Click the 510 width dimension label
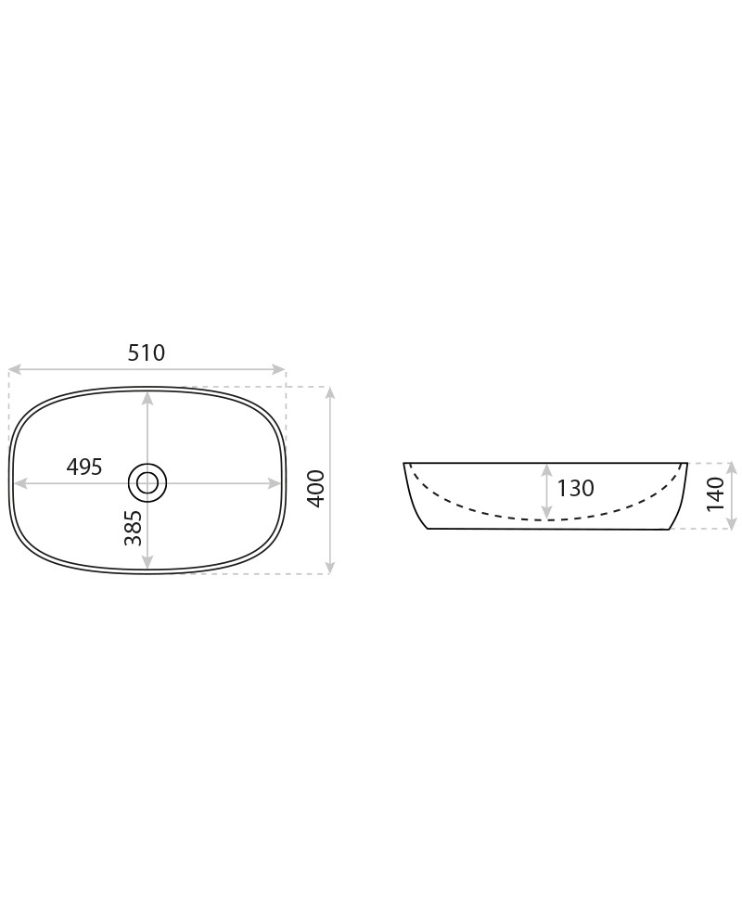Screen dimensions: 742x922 147,352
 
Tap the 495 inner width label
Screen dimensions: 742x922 84,467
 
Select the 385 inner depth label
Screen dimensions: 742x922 134,528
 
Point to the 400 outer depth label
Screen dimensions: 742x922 315,489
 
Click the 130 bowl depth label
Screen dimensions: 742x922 575,488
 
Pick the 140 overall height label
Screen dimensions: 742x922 715,493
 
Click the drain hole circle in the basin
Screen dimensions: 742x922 147,483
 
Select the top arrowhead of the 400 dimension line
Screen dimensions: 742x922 330,393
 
